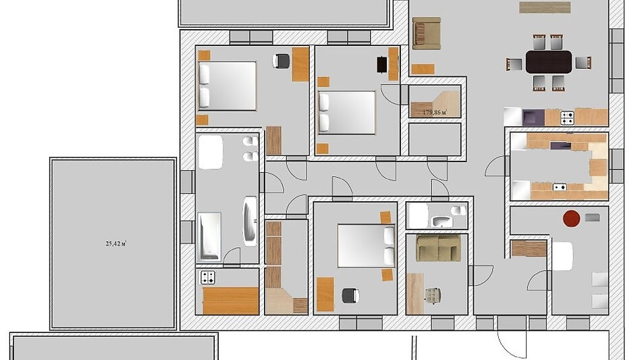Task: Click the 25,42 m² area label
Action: click(116, 244)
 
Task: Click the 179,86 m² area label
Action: click(435, 112)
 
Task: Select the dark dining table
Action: click(549, 62)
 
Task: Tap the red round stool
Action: click(572, 219)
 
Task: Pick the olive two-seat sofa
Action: click(439, 248)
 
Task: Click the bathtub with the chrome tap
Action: click(209, 236)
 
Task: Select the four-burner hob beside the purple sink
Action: click(567, 118)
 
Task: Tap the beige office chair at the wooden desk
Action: click(433, 295)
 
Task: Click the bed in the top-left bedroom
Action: click(228, 86)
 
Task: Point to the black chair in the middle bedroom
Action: click(381, 64)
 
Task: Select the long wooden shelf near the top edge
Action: click(545, 7)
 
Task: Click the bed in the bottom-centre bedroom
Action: click(367, 246)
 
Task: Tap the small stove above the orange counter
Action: click(207, 278)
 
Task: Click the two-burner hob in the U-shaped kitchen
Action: click(560, 187)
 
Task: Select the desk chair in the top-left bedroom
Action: click(281, 61)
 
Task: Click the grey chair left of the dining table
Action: click(514, 64)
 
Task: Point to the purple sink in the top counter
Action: click(533, 118)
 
